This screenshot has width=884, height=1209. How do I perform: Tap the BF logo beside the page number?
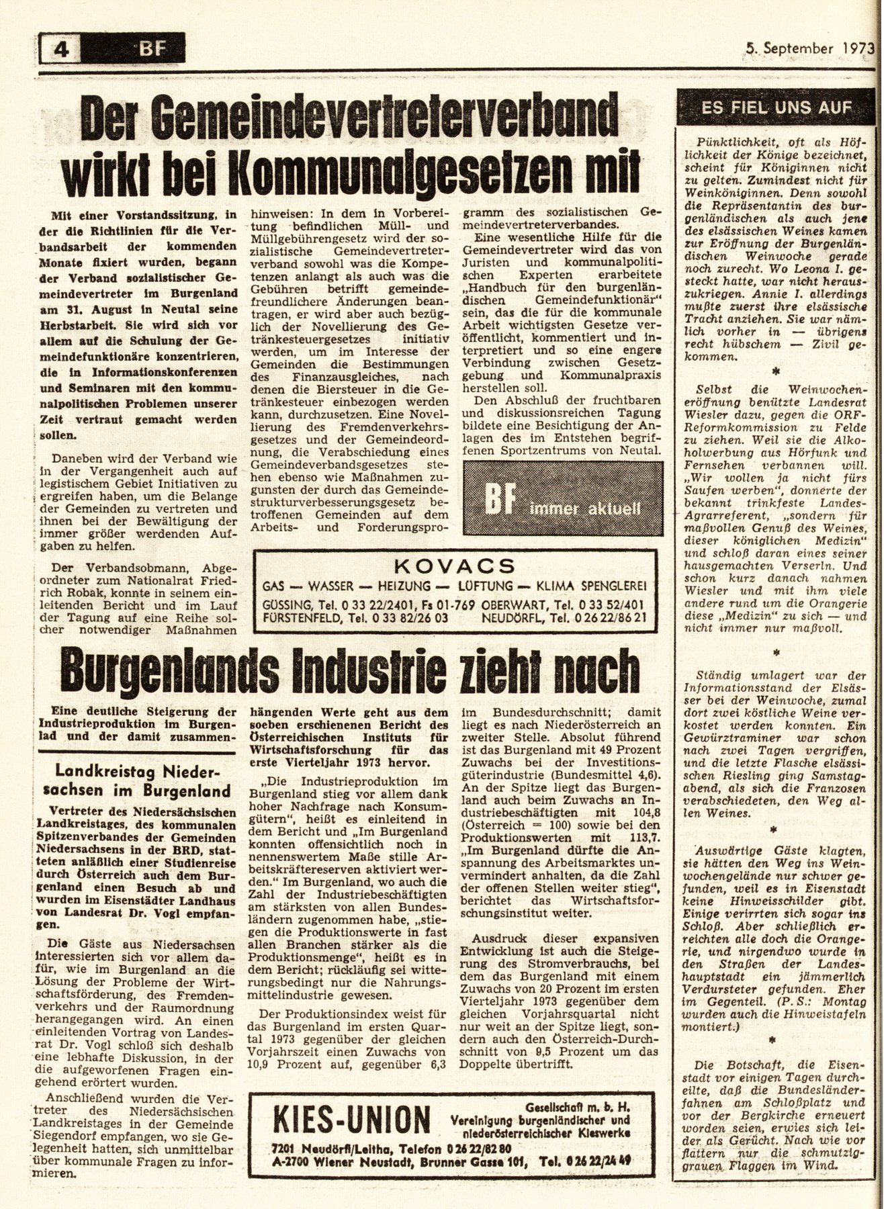point(151,49)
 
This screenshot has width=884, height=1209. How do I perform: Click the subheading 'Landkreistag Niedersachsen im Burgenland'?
point(142,781)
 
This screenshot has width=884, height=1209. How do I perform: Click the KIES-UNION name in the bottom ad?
point(351,1120)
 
